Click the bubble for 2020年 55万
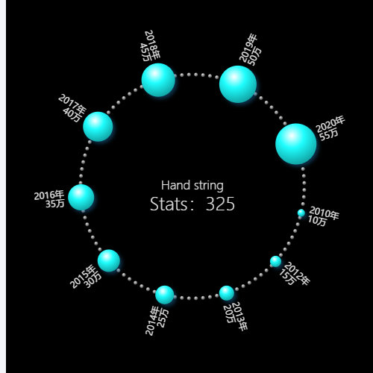296,144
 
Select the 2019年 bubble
238,84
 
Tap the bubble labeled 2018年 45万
158,80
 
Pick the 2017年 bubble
98,127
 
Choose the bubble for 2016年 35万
81,198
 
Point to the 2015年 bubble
109,260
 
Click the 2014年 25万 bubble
165,295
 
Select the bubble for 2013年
227,293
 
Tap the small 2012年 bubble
275,261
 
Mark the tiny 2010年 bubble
301,213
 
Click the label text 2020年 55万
330,128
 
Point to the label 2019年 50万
250,51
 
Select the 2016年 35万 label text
49,199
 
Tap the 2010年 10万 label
323,216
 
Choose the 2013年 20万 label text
235,316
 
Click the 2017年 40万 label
72,108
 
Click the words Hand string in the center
192,186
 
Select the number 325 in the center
220,204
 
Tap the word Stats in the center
169,204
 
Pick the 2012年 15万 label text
295,274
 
